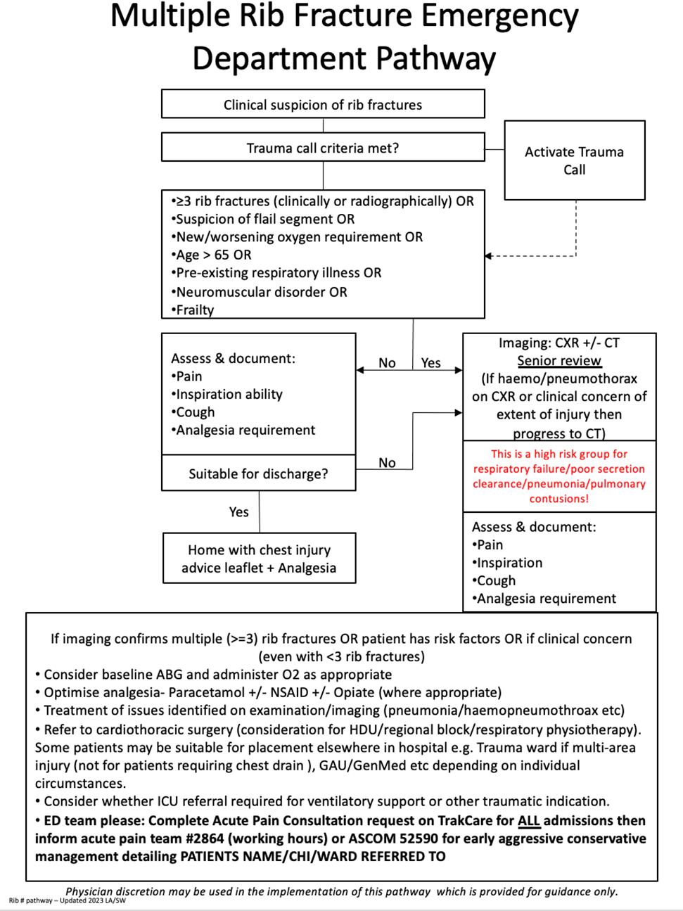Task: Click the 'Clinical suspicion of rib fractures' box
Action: [x=323, y=105]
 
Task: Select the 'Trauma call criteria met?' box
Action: [x=323, y=148]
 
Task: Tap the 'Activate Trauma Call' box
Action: [x=574, y=161]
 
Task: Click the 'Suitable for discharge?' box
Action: [x=258, y=473]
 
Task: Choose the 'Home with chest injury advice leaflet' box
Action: [x=259, y=559]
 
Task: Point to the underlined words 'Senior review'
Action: [x=559, y=361]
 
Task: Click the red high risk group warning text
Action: [x=559, y=476]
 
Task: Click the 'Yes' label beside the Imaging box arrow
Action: [x=430, y=363]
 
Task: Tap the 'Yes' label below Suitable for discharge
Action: [x=238, y=512]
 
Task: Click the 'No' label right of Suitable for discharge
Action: [x=387, y=463]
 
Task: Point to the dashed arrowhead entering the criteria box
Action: [x=489, y=255]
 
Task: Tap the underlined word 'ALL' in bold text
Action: [x=529, y=820]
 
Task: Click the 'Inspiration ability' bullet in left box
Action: [x=229, y=394]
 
